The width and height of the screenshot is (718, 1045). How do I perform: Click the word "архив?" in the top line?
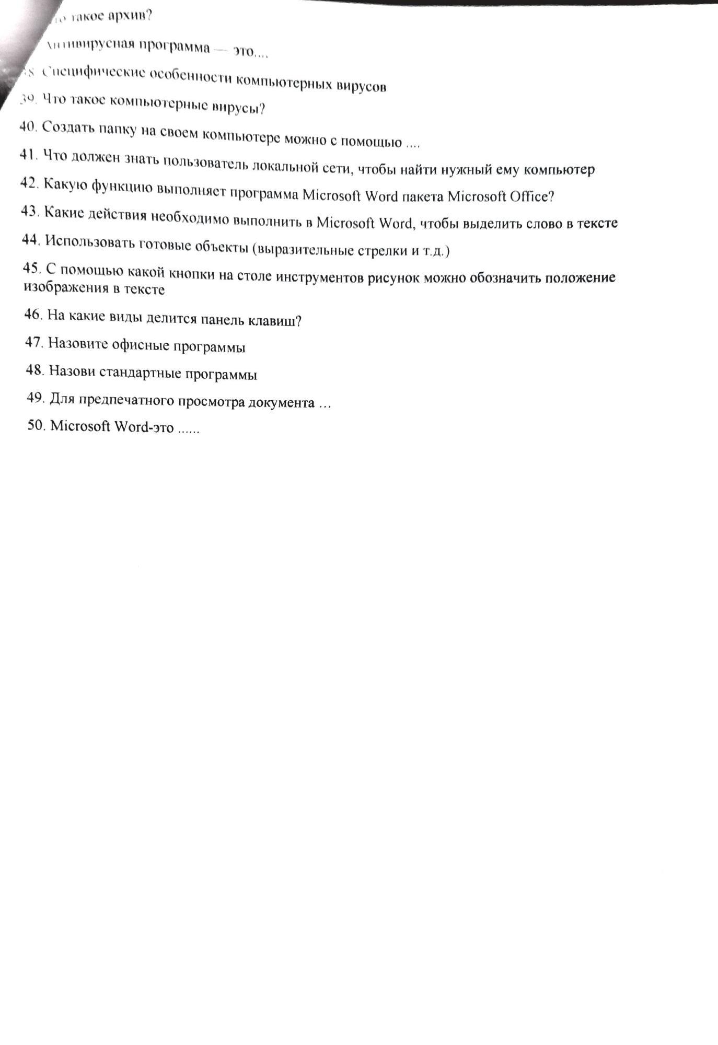tap(132, 17)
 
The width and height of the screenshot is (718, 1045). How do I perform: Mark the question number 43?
tap(30, 211)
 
